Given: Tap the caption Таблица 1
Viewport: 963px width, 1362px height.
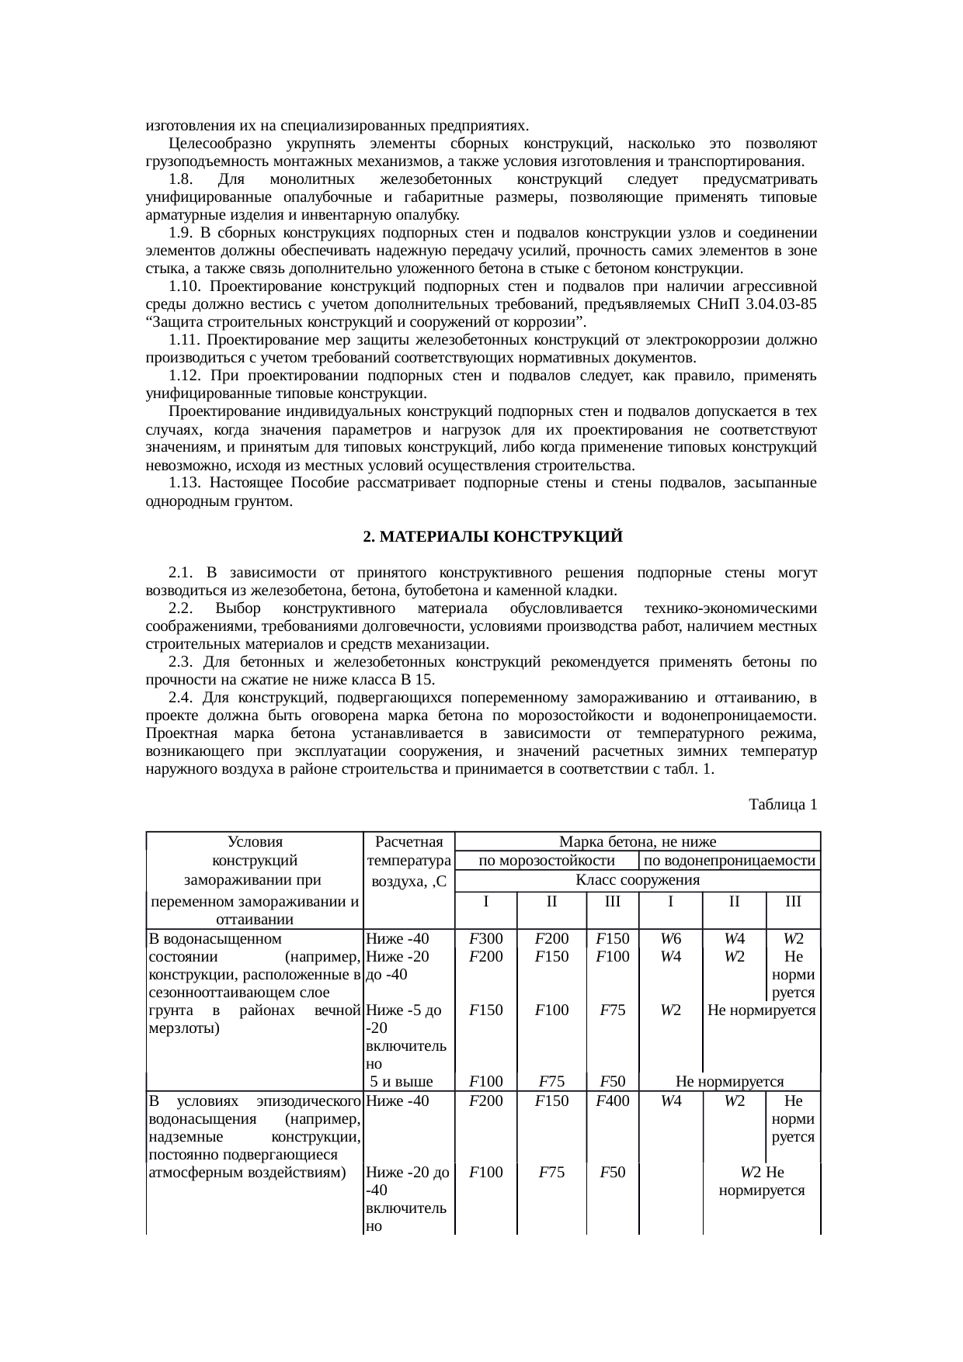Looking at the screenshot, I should pos(782,804).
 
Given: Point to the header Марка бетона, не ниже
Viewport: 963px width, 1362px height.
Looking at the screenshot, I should pos(637,841).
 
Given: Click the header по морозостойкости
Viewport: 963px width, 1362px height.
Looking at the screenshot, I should pos(546,860).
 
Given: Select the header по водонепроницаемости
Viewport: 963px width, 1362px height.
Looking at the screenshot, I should pos(729,860).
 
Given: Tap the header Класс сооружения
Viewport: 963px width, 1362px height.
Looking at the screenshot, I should pos(637,879).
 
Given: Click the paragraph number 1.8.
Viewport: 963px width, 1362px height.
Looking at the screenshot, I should pos(180,179).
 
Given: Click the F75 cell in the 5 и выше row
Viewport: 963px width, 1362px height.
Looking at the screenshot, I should pos(551,1081).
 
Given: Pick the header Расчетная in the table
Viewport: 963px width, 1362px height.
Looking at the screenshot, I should pos(408,841).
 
